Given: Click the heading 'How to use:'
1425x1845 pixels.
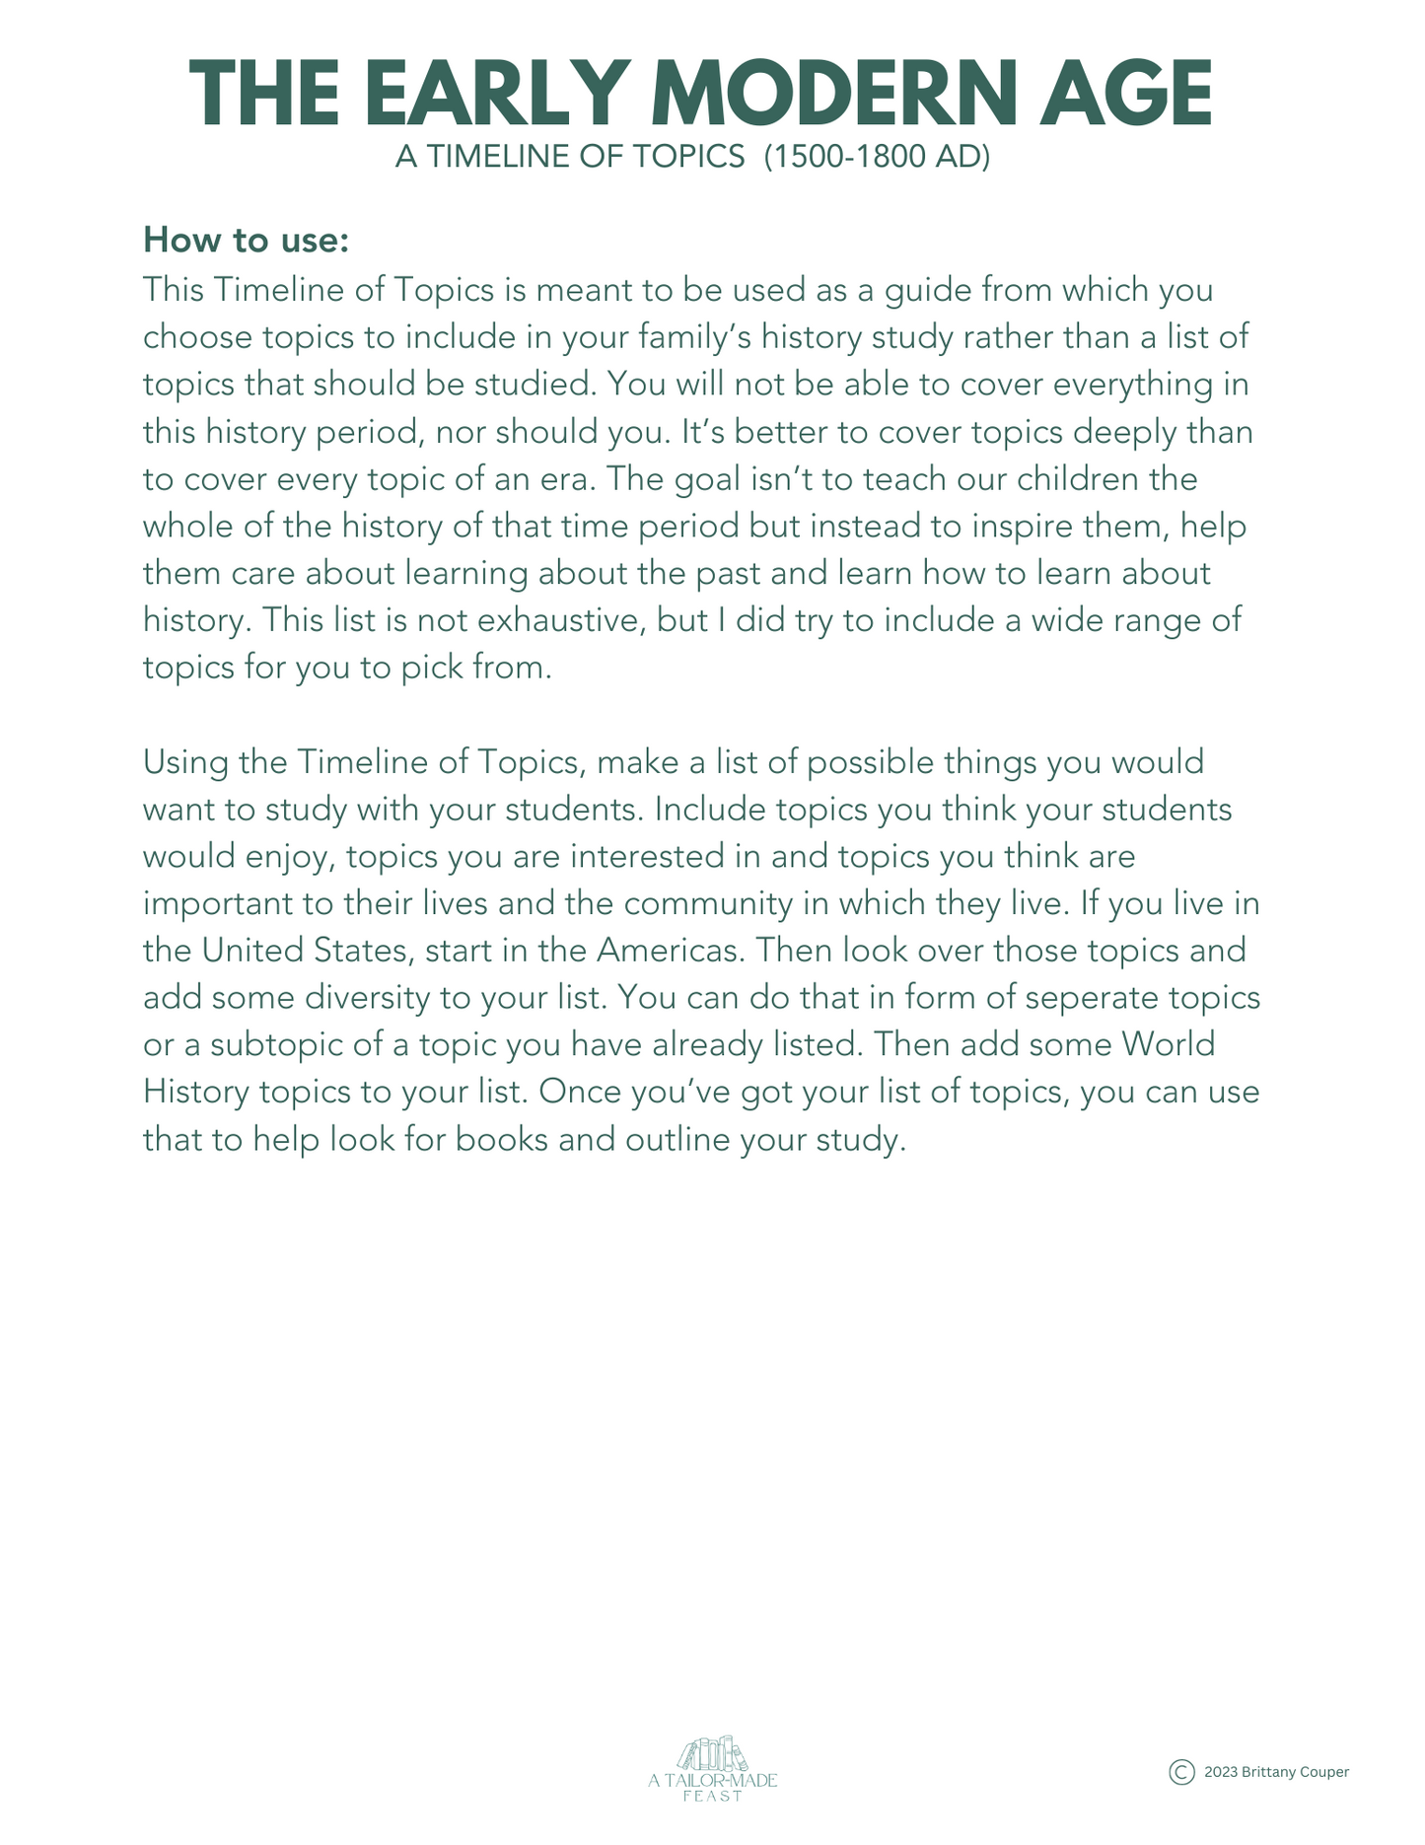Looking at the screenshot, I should pyautogui.click(x=246, y=240).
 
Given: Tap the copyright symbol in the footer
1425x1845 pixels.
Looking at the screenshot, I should pyautogui.click(x=1181, y=1772).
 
